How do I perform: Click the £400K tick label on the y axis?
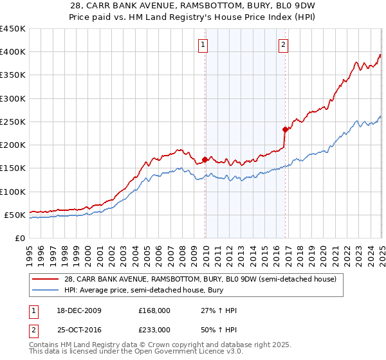click(12, 52)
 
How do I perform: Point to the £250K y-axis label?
click(12, 122)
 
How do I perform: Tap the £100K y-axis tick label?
click(12, 192)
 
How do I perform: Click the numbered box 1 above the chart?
click(203, 45)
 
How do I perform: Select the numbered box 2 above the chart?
click(283, 45)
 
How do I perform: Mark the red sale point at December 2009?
click(205, 159)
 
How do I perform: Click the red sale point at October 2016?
click(286, 129)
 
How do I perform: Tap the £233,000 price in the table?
click(154, 329)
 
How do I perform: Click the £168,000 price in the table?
click(154, 310)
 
